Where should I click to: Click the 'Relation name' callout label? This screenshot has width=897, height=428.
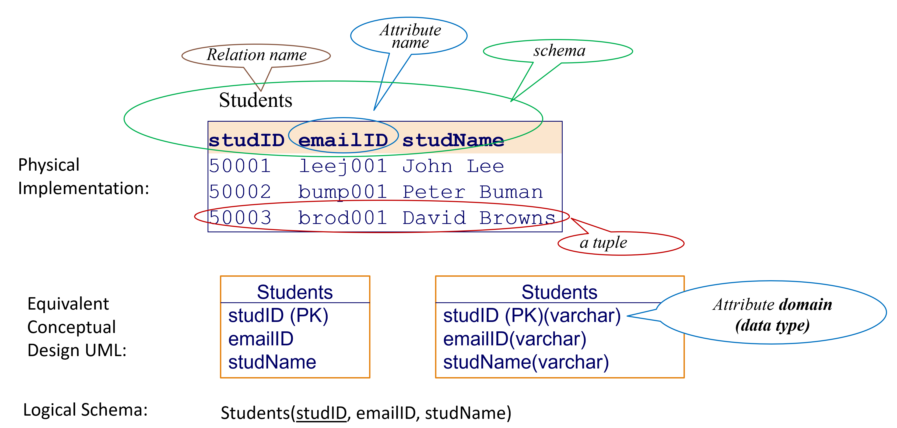(256, 55)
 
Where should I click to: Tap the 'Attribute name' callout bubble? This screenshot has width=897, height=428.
(410, 36)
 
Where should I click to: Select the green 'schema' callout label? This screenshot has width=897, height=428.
(559, 51)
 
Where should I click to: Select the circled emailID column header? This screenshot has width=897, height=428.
(343, 140)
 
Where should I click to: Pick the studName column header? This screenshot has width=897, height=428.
(453, 140)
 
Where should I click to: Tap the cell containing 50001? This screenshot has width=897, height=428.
(240, 166)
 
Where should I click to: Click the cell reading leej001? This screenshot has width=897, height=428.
(343, 166)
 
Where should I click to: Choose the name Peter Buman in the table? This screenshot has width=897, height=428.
(472, 192)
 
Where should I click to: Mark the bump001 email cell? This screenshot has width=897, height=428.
(343, 192)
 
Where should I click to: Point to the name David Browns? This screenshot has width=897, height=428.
(479, 218)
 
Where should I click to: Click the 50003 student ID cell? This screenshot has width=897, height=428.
(240, 218)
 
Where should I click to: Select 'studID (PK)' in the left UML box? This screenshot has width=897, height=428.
(278, 315)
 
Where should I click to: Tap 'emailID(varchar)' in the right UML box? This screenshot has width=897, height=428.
(514, 339)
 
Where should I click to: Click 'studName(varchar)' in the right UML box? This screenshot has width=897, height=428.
(526, 362)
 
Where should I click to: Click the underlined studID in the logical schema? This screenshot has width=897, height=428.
(321, 413)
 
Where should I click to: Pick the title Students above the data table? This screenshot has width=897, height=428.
(255, 100)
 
